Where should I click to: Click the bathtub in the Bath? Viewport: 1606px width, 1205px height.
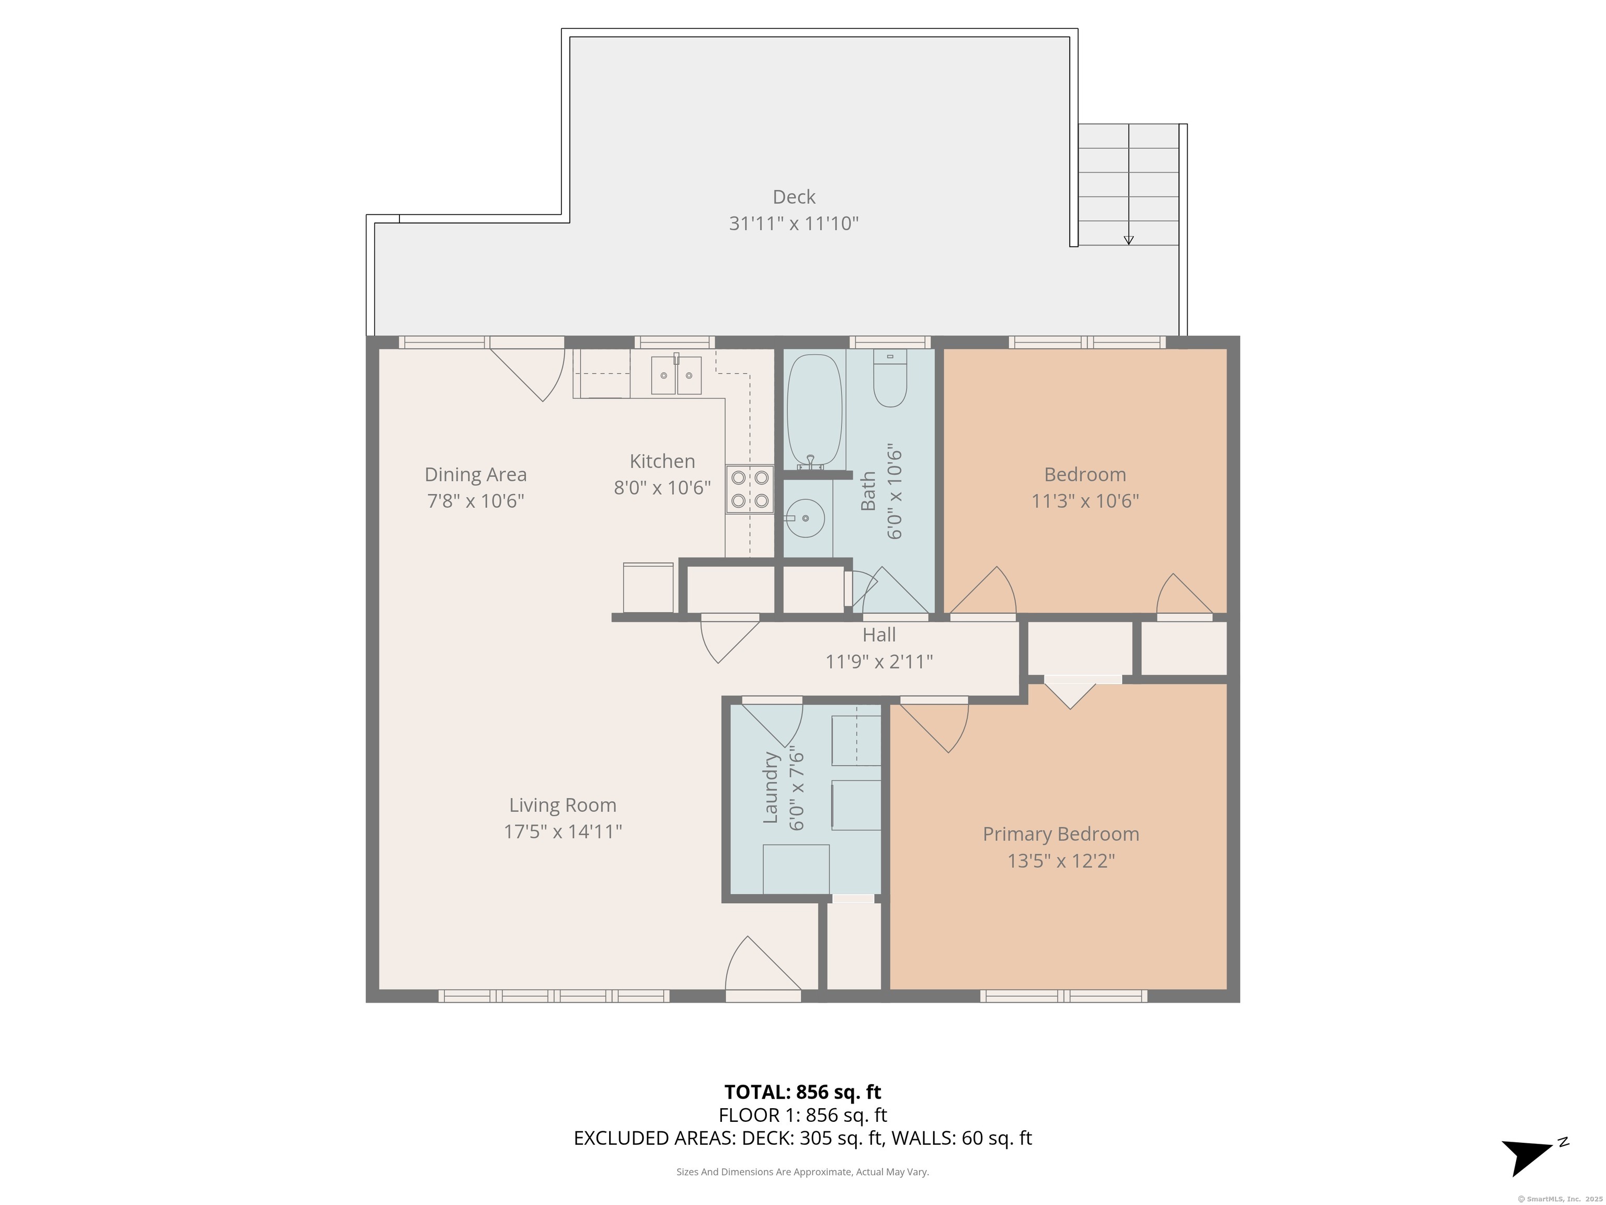(814, 411)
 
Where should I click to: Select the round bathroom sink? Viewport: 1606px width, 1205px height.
(806, 518)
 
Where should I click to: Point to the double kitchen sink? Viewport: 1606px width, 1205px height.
(676, 375)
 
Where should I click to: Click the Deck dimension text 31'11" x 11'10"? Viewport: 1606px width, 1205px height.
(794, 223)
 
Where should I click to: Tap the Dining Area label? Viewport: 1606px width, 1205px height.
(476, 475)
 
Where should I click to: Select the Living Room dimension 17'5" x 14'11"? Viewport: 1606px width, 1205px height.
(563, 831)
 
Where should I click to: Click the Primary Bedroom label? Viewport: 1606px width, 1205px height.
(1061, 834)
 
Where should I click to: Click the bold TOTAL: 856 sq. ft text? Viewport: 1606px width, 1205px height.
(802, 1092)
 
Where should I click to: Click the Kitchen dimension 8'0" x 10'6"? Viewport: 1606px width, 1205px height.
(662, 487)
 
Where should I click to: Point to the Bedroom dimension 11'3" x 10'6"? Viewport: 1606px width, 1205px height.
(1085, 501)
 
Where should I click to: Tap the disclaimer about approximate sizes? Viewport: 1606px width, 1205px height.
(802, 1172)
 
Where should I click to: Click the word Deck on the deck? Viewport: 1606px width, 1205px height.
(794, 197)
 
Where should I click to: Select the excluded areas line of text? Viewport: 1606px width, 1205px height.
(802, 1138)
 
